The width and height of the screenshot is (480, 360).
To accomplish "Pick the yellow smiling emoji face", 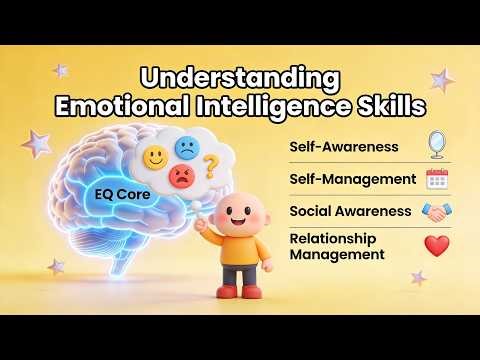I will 155,157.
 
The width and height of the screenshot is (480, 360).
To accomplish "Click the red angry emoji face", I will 182,178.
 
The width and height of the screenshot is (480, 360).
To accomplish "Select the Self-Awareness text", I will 344,147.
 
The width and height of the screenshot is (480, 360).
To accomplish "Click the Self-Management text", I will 351,179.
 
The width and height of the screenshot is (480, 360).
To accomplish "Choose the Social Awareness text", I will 350,211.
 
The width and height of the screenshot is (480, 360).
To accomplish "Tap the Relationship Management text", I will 336,247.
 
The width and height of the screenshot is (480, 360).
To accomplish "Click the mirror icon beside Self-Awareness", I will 436,145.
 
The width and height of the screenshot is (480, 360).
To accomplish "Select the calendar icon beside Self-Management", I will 436,179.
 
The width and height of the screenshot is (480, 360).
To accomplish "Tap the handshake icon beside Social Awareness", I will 436,212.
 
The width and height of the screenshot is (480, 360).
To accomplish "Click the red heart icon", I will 436,246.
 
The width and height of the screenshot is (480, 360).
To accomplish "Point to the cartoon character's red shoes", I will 240,291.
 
